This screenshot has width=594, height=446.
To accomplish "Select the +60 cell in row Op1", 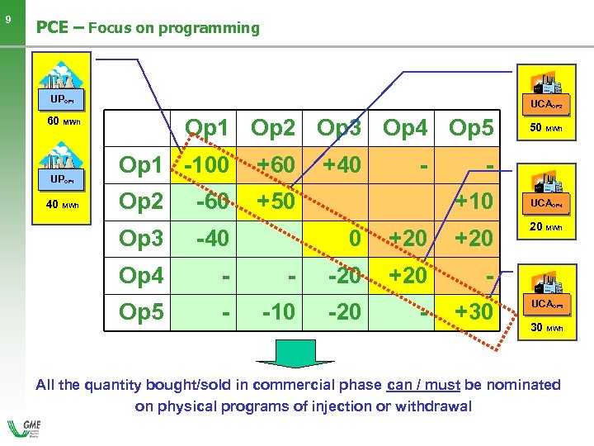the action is point(275,164).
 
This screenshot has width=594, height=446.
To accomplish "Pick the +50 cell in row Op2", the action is point(275,202).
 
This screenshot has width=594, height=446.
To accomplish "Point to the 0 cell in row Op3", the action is point(354,239).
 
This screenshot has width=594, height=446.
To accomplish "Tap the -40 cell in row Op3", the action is point(214,239).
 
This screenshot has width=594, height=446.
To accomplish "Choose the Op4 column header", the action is point(407,128).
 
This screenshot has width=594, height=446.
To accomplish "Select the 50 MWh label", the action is point(547,128).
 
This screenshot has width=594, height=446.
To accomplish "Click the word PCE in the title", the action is point(51,27).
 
